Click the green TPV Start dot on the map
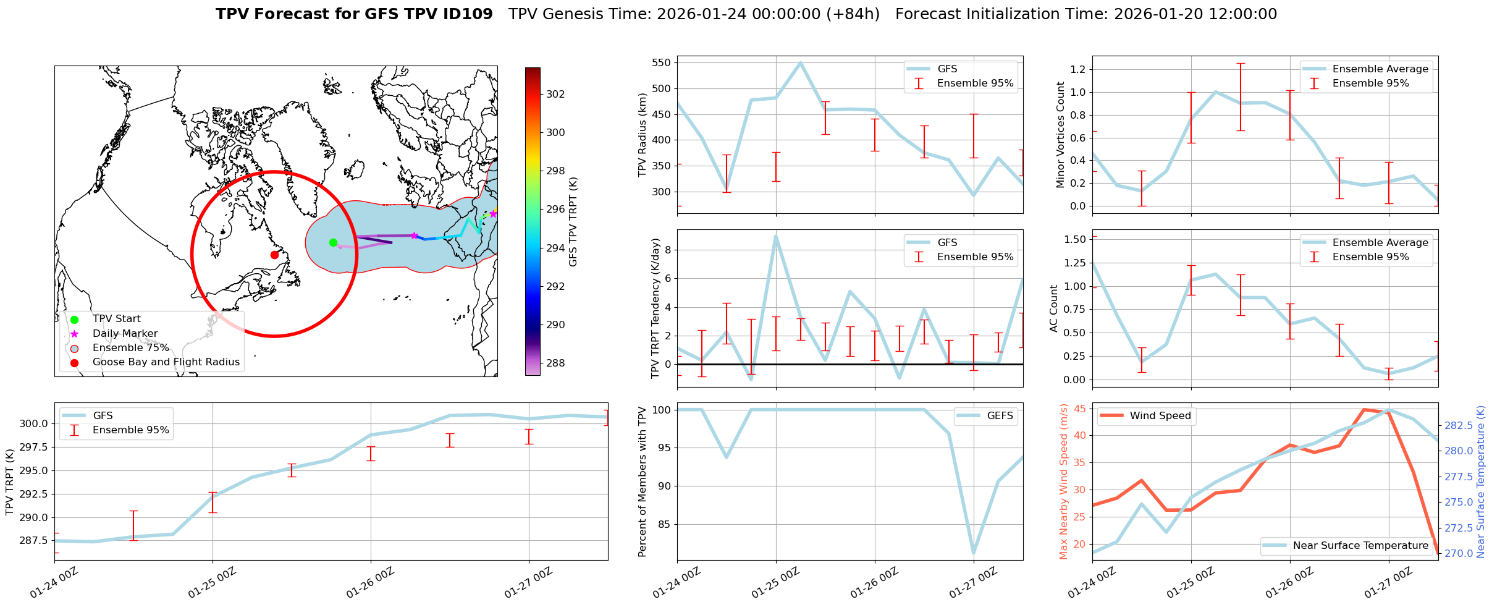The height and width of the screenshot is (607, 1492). tap(333, 242)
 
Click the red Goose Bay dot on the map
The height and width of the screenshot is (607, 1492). tap(274, 255)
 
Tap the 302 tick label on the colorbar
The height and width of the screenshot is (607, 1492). tap(555, 94)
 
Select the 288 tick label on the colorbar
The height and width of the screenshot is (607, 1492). tap(555, 363)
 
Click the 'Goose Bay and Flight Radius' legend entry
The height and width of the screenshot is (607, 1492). tap(166, 362)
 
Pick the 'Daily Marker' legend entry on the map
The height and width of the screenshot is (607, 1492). tap(125, 333)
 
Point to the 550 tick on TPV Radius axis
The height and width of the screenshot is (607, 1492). tap(660, 62)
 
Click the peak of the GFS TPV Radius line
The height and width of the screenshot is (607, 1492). tap(801, 62)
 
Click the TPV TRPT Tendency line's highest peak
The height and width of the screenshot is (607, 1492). tap(776, 236)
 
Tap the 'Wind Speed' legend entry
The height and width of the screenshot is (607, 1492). tap(1160, 416)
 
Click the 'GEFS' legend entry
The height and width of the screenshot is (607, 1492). tap(1000, 416)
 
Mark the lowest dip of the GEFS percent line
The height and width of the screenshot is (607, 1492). tap(974, 554)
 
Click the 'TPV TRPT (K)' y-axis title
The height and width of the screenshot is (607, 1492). tap(9, 482)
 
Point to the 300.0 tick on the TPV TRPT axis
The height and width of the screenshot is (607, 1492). tap(35, 423)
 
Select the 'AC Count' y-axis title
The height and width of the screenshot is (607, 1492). tap(1054, 308)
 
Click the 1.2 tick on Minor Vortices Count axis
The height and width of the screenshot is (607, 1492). tap(1077, 69)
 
